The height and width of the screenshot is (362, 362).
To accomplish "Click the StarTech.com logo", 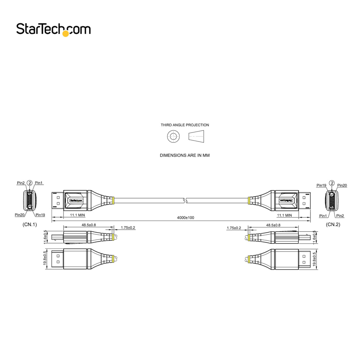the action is [53, 30].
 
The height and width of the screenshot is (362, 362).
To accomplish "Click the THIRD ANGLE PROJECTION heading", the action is [185, 125].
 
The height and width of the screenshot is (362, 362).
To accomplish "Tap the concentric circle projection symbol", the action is [173, 136].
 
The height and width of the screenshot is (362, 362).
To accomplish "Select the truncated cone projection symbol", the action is [196, 136].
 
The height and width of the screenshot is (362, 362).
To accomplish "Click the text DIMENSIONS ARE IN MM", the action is [185, 155].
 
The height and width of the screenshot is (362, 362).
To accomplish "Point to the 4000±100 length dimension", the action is [186, 218].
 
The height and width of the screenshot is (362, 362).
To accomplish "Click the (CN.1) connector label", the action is [30, 224].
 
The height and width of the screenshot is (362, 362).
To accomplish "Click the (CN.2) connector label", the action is [333, 224].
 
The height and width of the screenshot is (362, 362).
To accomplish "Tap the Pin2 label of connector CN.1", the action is [21, 183].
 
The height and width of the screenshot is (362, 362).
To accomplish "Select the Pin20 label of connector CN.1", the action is [20, 215].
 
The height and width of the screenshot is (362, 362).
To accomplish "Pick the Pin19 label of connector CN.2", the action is [321, 185].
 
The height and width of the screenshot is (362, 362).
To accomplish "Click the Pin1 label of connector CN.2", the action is [323, 216].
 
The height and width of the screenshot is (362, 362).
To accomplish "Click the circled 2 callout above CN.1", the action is [30, 183].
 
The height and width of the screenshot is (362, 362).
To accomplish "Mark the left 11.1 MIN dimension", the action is [77, 215].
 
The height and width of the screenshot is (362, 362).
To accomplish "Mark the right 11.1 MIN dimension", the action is [285, 215].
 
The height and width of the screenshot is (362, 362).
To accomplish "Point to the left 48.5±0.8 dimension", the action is [89, 225].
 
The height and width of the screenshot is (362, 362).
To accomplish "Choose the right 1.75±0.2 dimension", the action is [234, 228].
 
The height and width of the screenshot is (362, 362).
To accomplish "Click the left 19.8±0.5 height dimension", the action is [45, 259].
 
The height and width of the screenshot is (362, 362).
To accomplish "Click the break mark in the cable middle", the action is [185, 200].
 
